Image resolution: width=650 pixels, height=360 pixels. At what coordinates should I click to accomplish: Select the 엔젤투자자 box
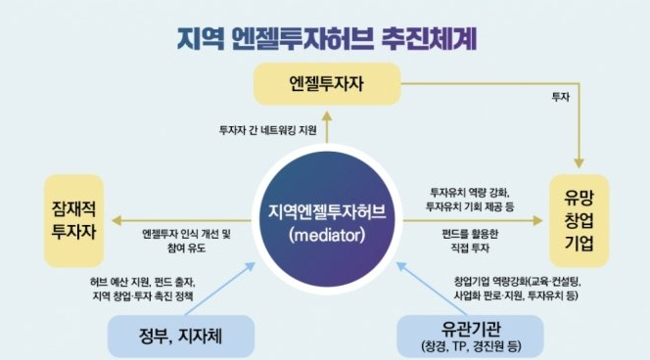pyautogui.click(x=327, y=84)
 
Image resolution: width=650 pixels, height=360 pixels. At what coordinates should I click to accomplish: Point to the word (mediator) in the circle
pyautogui.click(x=327, y=235)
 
